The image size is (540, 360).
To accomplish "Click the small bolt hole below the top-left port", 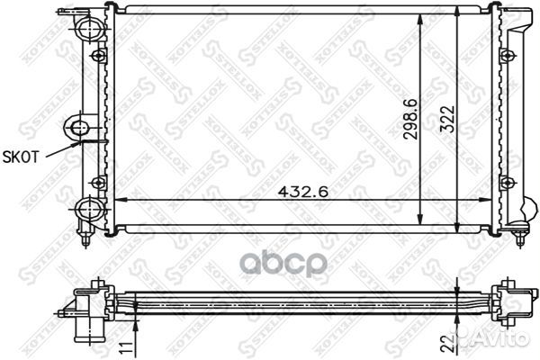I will point(100,56).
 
